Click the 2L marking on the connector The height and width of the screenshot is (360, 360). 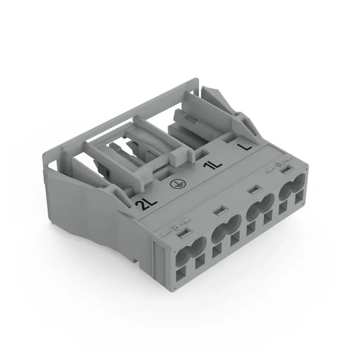pos(145,205)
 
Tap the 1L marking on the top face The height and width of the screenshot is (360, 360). pos(213,166)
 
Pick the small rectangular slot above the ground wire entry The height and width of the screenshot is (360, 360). pos(219,209)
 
